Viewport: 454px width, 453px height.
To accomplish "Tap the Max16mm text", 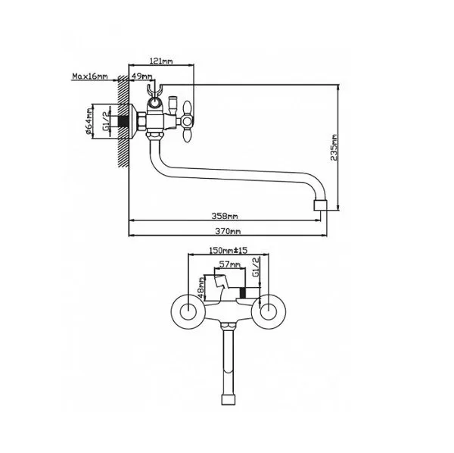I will click(x=90, y=77).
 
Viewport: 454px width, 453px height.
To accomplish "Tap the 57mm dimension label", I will click(x=229, y=265).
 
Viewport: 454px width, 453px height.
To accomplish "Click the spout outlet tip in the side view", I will click(x=322, y=205).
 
